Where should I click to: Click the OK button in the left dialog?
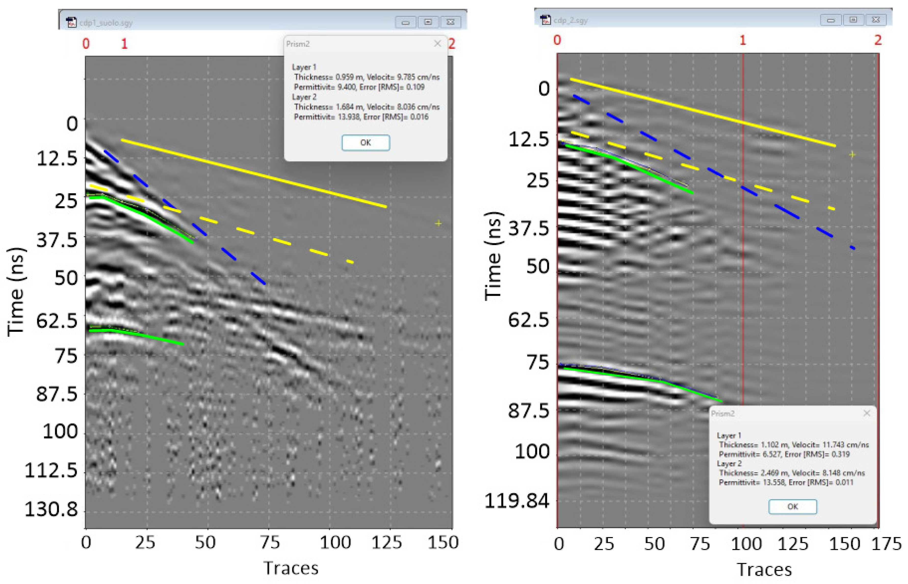tap(365, 143)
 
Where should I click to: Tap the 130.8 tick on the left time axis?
tap(51, 509)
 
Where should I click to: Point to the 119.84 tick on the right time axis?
tap(516, 501)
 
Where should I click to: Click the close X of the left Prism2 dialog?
tap(437, 44)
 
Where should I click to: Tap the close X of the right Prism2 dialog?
tap(866, 413)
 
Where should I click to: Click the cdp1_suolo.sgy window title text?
tap(106, 23)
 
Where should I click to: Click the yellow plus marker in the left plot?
tap(438, 223)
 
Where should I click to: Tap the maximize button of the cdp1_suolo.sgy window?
tap(428, 22)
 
